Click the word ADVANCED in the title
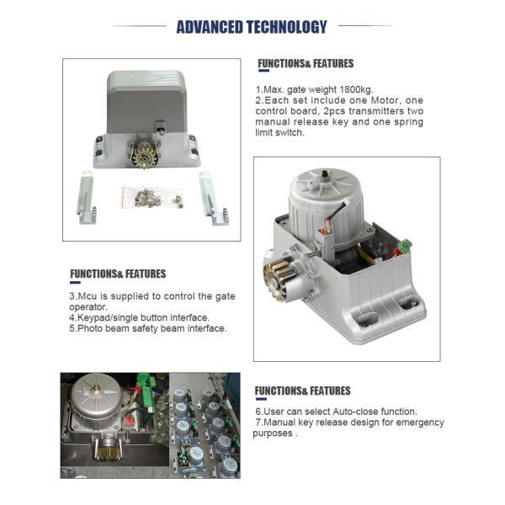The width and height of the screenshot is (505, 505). pos(210,27)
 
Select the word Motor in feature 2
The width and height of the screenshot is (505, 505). pos(384,100)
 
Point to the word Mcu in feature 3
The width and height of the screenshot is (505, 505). pos(87,296)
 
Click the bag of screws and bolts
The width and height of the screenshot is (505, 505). pos(152,197)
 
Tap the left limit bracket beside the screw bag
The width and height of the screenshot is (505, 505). pos(86,198)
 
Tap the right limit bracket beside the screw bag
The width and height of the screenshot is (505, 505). pos(213,198)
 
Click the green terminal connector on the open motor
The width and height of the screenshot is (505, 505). pos(405,246)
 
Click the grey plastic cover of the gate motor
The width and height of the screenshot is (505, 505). pos(146,102)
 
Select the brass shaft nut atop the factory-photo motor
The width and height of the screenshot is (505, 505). pos(96,391)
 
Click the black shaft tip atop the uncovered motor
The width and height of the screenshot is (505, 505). pos(326,175)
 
